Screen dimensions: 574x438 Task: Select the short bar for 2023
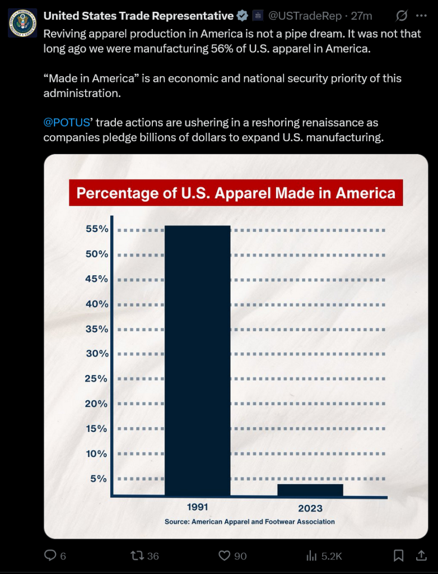[310, 490]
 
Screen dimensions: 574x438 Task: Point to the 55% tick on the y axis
[97, 229]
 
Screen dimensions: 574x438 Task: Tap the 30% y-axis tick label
[97, 354]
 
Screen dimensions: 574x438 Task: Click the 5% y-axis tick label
[99, 479]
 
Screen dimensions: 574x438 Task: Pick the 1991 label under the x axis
[197, 507]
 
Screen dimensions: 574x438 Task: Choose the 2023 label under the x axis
[310, 508]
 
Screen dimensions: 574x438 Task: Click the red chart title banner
[236, 193]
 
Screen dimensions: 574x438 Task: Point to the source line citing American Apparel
[249, 522]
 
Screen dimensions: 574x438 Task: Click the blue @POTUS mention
[67, 123]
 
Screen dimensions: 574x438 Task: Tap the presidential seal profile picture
[22, 22]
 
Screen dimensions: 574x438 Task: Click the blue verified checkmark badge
[243, 16]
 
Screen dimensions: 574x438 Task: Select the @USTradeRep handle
[306, 16]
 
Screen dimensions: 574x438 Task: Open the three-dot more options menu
[421, 16]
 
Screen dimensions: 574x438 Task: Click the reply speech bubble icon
[50, 556]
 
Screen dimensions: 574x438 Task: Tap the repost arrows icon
[137, 556]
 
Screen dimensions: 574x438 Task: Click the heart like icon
[225, 556]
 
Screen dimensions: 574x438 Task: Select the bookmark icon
[398, 556]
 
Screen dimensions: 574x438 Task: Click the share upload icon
[421, 556]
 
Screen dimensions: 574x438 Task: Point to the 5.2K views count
[331, 556]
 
